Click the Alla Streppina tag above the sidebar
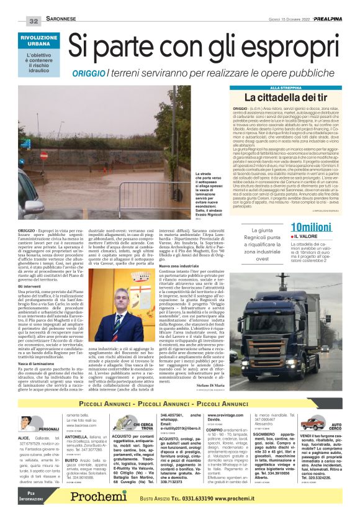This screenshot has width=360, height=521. click(246, 88)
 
